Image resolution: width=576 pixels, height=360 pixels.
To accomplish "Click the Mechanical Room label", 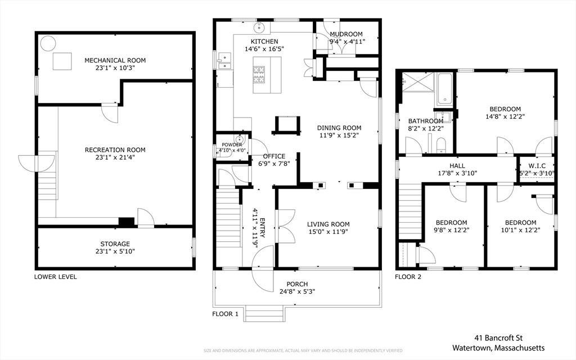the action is point(115,60).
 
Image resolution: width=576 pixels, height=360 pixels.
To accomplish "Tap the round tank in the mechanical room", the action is point(48,43).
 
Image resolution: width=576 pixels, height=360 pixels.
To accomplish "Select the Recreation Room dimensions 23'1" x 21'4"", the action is point(115,157).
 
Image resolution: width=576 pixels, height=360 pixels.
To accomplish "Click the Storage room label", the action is point(115,244).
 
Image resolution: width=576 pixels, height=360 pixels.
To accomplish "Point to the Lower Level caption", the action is point(56,277).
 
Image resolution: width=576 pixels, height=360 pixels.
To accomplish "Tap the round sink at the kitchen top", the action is point(260,27).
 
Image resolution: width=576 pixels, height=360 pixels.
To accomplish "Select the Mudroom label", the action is point(346,34).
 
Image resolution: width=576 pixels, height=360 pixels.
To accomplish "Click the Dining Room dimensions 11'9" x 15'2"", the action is point(339,136).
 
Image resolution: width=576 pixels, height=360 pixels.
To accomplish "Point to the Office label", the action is point(274,156).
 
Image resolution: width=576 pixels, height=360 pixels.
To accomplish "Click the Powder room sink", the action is point(240,139).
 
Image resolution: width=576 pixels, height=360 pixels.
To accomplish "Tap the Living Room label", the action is point(328,224).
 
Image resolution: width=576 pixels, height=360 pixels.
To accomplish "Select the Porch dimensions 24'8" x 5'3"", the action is point(297,292).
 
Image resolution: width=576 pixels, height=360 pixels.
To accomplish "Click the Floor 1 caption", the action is point(225,314).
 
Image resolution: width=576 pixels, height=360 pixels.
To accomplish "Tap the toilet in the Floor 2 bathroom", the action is point(441,146).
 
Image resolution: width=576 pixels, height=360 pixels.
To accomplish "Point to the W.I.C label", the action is point(537,166).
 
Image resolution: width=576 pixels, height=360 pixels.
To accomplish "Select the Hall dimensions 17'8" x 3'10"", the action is point(457,173).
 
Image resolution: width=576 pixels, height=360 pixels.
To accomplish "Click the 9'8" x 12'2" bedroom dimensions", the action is point(452,230).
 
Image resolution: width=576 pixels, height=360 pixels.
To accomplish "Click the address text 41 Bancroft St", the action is point(498,338).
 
